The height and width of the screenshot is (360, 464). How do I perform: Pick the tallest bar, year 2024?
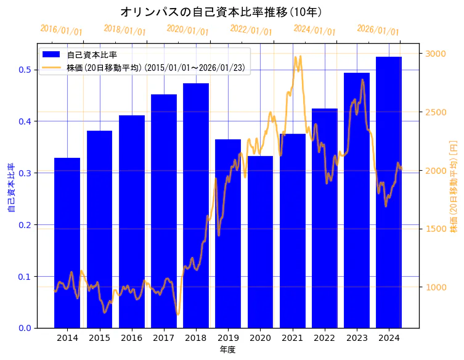[x=389, y=192]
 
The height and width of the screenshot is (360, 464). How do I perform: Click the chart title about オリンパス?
[x=221, y=12]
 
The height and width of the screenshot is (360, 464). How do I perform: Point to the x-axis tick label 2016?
[x=131, y=338]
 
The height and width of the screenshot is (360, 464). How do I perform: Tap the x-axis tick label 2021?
[x=292, y=338]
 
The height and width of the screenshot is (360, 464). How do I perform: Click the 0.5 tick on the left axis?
[x=25, y=70]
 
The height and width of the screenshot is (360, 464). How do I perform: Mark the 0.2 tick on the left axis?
[x=25, y=225]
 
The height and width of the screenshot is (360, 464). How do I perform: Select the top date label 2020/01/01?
[x=188, y=30]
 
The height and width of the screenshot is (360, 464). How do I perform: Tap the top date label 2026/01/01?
[x=378, y=30]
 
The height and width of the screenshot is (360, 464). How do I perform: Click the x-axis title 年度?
[x=227, y=350]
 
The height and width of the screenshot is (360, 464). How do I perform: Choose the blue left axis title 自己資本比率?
[x=10, y=187]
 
